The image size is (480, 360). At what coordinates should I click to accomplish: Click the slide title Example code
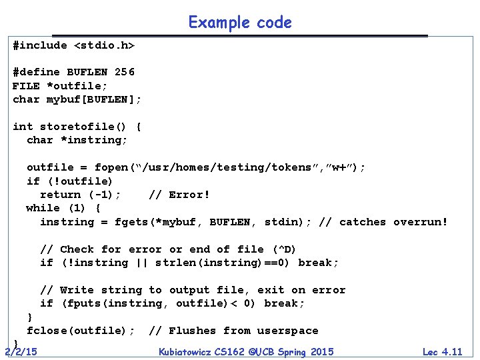240,23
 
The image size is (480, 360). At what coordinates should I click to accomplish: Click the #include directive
40,45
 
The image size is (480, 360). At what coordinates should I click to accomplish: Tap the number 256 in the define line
125,72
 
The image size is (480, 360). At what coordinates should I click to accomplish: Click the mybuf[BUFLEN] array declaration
94,99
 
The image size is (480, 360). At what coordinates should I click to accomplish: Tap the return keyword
60,195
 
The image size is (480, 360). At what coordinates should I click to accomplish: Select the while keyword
43,208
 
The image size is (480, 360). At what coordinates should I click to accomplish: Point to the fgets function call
131,222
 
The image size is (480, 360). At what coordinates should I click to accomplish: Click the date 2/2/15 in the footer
21,351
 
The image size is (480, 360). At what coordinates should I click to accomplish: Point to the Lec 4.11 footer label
441,351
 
